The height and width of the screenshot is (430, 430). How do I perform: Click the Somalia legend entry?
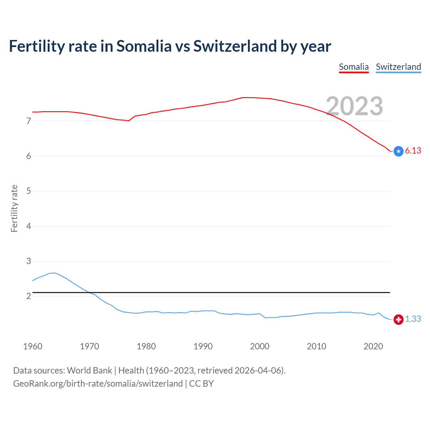[x=354, y=67]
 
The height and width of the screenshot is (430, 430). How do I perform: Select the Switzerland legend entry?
[x=398, y=67]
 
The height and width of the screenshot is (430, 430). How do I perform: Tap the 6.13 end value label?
[x=413, y=151]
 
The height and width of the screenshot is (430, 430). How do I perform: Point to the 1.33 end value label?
[x=413, y=319]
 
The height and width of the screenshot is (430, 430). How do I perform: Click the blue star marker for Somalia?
[x=398, y=152]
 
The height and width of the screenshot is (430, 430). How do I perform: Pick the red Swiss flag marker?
[x=398, y=319]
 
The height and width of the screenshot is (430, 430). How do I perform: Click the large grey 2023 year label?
[x=354, y=106]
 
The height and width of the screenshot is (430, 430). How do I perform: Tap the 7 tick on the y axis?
[x=29, y=121]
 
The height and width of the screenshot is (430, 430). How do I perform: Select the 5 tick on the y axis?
[x=29, y=191]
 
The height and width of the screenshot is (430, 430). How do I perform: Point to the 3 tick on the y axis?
[x=29, y=261]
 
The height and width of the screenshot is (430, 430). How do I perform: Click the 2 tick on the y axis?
[x=29, y=296]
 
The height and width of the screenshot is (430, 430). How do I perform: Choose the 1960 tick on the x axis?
[x=33, y=346]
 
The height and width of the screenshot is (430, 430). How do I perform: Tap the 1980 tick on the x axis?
[x=146, y=346]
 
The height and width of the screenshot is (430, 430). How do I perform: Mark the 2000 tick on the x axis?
[x=260, y=346]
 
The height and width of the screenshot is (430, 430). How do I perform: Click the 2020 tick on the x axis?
[x=373, y=346]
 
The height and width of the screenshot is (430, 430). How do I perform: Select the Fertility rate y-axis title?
[x=14, y=208]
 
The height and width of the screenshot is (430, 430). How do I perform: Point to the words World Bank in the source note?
[x=89, y=371]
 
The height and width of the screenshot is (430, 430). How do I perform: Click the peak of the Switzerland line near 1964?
[x=55, y=273]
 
